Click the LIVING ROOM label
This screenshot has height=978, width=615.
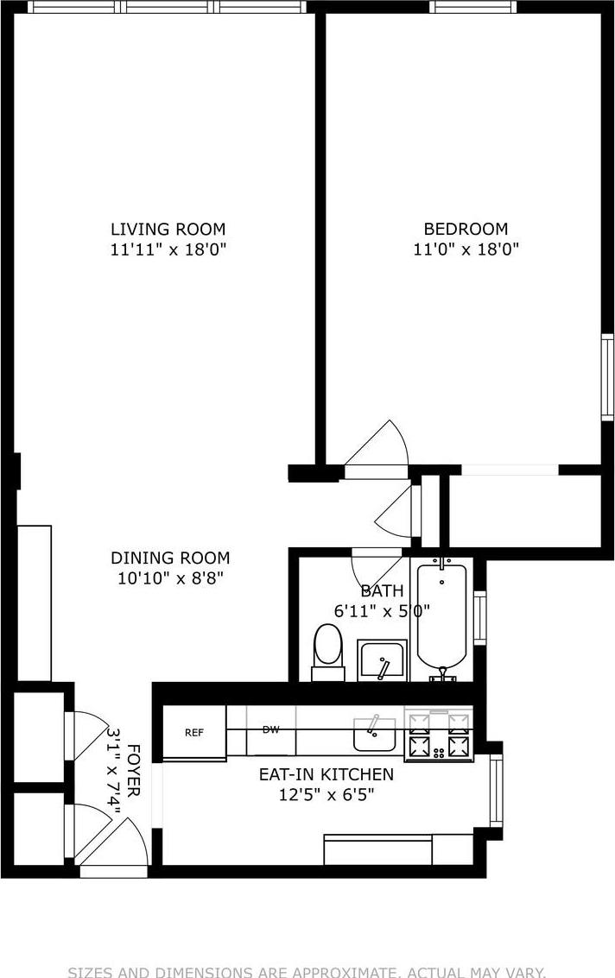(168, 229)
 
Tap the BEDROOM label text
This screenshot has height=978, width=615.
(465, 229)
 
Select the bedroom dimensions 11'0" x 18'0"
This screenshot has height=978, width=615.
(465, 250)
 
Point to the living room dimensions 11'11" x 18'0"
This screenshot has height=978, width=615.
(168, 250)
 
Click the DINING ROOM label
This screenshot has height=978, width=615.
(170, 558)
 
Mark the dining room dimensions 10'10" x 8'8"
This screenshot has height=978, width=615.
(170, 579)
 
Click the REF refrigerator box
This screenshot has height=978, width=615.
(194, 733)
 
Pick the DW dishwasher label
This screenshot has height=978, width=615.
(271, 729)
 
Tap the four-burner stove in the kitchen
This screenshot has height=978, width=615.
(439, 735)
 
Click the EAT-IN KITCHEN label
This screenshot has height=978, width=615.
(326, 774)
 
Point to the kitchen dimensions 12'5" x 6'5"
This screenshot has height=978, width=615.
(326, 795)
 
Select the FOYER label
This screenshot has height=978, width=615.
(134, 771)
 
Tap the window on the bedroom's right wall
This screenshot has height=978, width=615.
(607, 377)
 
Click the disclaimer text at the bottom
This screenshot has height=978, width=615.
(307, 971)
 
